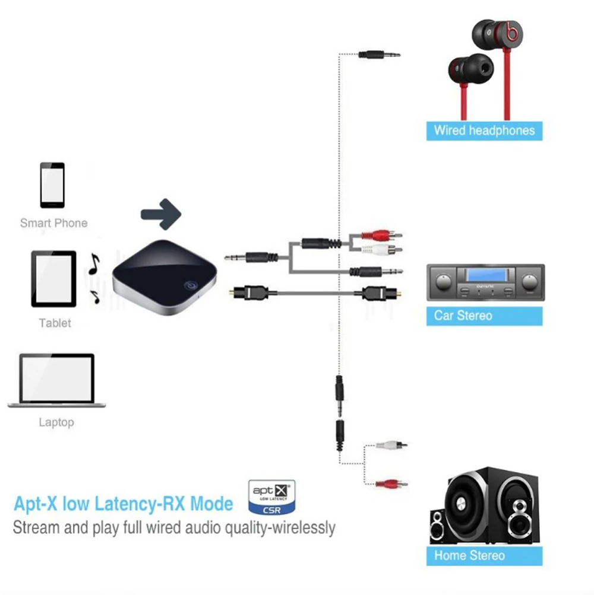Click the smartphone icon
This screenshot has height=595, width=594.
[52, 184]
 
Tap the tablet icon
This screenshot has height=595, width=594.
[53, 278]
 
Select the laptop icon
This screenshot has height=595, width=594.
[56, 380]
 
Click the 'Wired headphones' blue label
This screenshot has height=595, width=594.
[484, 131]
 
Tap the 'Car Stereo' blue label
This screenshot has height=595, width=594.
[484, 315]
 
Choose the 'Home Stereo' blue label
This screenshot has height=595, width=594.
[484, 555]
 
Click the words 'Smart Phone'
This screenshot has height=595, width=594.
[53, 223]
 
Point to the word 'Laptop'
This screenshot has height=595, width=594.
[56, 422]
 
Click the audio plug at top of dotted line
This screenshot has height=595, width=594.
[379, 55]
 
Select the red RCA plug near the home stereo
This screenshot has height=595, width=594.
[390, 483]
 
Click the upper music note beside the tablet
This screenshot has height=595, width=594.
[93, 264]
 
